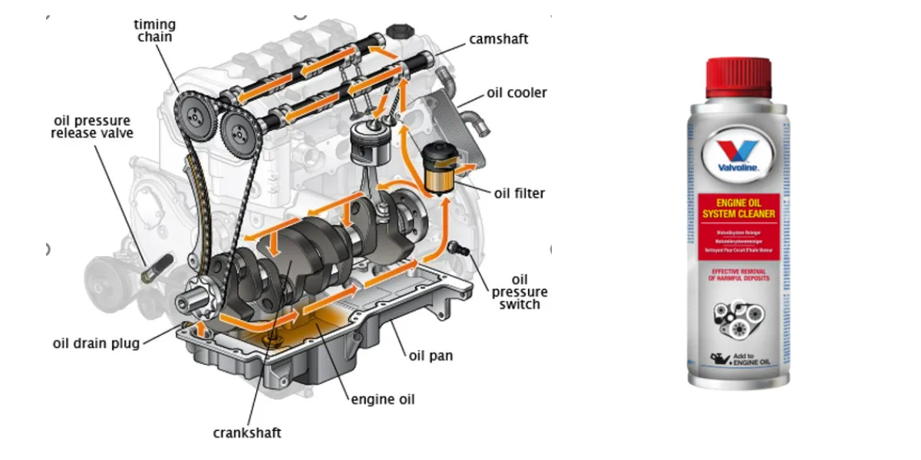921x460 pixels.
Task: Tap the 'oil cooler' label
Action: click(517, 93)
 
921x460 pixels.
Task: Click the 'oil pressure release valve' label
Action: click(92, 127)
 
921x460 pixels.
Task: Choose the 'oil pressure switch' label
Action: click(520, 292)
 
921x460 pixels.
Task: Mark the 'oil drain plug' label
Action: click(96, 343)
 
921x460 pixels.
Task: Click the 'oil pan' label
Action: click(431, 355)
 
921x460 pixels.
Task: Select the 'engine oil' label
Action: click(382, 399)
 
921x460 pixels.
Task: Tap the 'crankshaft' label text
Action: click(246, 432)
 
